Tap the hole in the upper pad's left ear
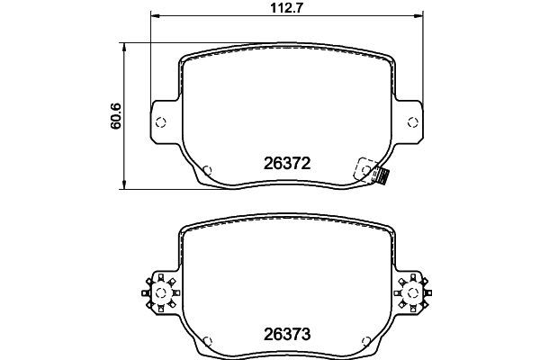click(161, 122)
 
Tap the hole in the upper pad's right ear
click(410, 122)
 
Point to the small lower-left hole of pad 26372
click(209, 168)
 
